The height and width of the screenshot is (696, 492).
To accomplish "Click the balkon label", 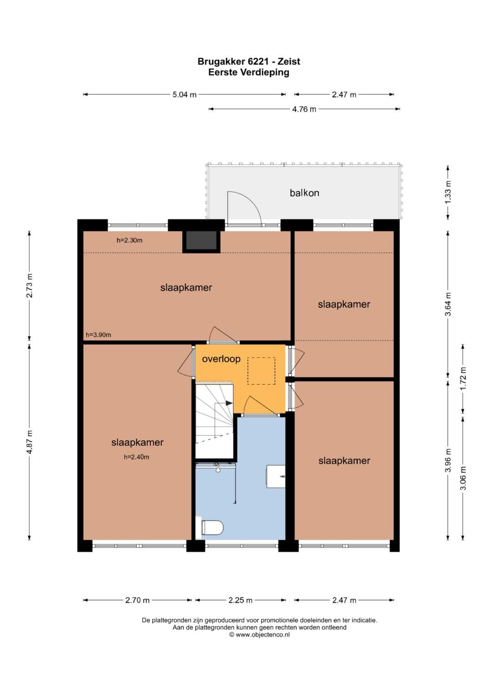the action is click(x=304, y=193).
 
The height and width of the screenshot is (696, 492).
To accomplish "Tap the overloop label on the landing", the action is click(x=221, y=359).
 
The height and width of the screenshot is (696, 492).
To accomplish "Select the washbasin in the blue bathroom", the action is click(x=276, y=476).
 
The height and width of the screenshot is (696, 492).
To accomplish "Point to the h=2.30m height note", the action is click(x=129, y=240).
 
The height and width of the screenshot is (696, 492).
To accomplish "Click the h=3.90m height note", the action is click(x=98, y=335).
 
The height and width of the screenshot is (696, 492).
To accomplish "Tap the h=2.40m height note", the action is click(x=136, y=457).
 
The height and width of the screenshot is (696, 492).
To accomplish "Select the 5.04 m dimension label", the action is click(x=184, y=94).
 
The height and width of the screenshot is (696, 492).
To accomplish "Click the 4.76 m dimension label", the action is click(x=304, y=109).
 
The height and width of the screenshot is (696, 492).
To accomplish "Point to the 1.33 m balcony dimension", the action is click(x=448, y=192).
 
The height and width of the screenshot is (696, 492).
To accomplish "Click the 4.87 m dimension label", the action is click(x=29, y=442).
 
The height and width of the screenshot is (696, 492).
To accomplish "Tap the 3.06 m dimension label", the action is click(x=463, y=478).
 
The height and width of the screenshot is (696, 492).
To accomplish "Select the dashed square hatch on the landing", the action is click(x=261, y=371).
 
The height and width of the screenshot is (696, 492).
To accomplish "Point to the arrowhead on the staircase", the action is click(x=229, y=403).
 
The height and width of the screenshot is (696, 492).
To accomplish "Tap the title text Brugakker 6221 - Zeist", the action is click(x=249, y=61).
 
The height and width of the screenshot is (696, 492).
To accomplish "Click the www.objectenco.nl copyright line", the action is click(x=259, y=635).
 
